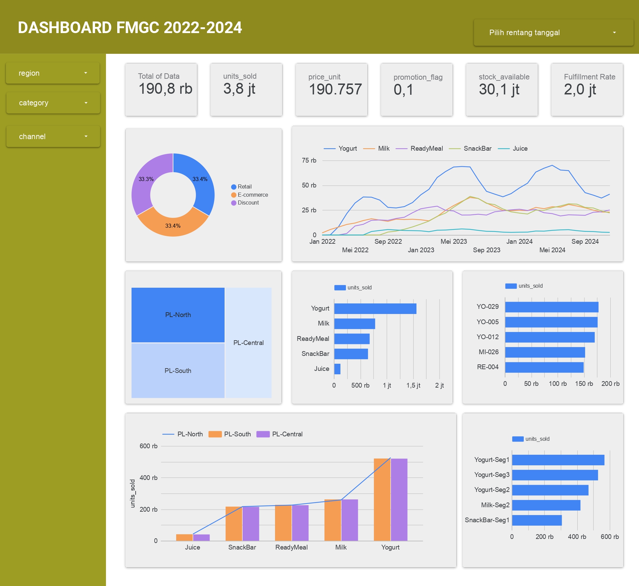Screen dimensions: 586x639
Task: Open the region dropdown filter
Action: click(52, 73)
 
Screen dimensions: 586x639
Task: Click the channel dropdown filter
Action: click(53, 136)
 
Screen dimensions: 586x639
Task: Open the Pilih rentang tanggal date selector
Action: click(553, 33)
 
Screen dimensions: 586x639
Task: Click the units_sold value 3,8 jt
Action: click(239, 89)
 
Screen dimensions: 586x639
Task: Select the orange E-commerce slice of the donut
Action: click(173, 223)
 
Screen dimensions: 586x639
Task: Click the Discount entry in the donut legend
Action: click(248, 203)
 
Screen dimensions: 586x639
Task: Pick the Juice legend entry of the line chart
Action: click(520, 149)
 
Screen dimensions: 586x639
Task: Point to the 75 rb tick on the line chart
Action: click(309, 161)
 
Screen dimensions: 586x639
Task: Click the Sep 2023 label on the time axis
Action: click(486, 250)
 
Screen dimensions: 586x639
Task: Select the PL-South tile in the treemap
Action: click(178, 371)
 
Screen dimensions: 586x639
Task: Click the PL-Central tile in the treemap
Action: click(248, 343)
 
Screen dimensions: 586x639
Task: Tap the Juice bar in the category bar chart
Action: click(337, 369)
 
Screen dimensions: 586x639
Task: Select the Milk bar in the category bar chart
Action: click(354, 324)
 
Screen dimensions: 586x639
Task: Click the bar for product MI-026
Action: click(545, 352)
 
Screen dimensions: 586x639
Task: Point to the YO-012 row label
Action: click(487, 337)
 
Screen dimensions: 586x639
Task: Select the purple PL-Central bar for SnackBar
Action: click(251, 523)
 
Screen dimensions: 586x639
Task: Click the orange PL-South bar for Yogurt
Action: click(382, 499)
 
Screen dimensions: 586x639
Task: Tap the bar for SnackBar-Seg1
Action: click(536, 520)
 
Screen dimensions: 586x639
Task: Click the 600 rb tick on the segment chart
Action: click(609, 537)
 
